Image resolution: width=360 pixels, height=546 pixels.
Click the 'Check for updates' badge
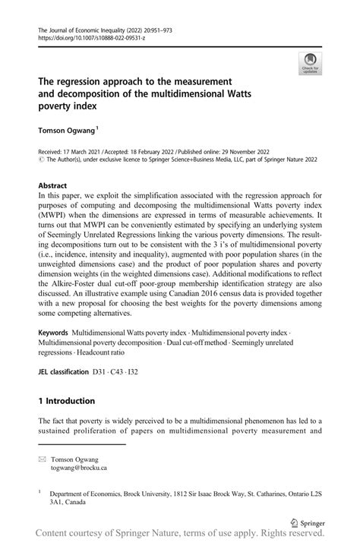pyautogui.click(x=311, y=64)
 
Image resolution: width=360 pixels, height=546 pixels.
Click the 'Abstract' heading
pyautogui.click(x=55, y=185)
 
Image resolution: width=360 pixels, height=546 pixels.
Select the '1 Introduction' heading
pyautogui.click(x=67, y=401)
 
